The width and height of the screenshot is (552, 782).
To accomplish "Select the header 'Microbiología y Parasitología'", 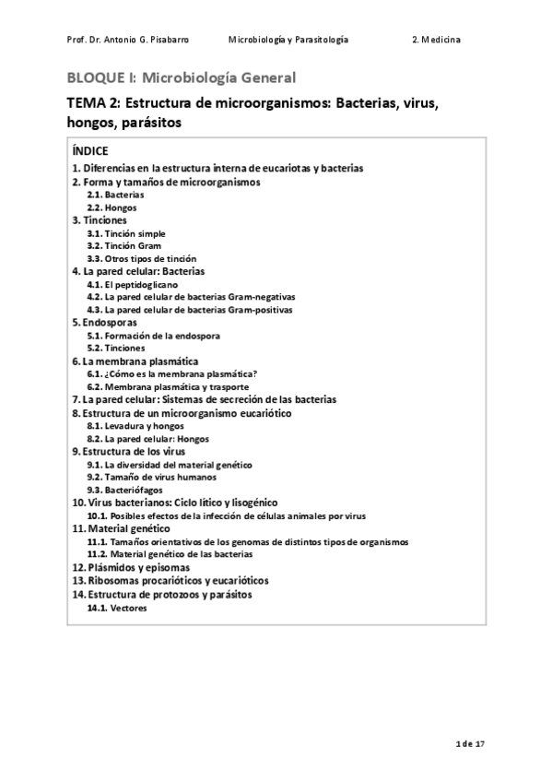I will pyautogui.click(x=288, y=41).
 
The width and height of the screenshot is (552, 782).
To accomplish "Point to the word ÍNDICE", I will pyautogui.click(x=90, y=150).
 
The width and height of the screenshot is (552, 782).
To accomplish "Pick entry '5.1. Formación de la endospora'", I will pyautogui.click(x=147, y=336).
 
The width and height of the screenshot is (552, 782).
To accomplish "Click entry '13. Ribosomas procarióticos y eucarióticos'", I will pyautogui.click(x=170, y=581).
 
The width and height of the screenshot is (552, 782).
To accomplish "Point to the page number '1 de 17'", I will pyautogui.click(x=470, y=742).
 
